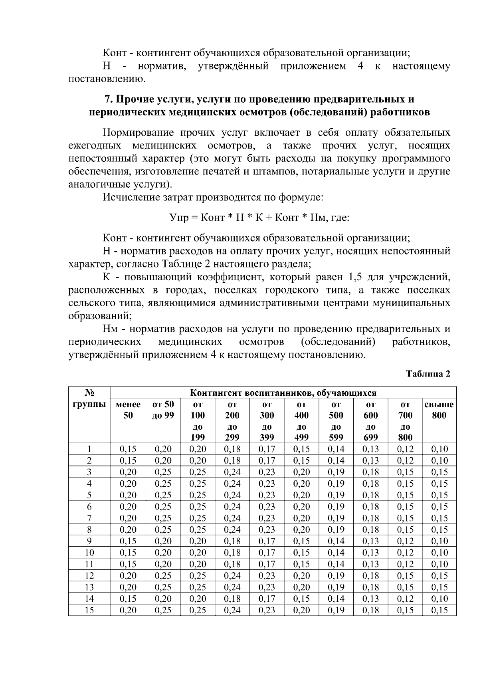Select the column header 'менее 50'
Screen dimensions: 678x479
(x=128, y=410)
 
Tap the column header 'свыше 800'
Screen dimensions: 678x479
(x=439, y=410)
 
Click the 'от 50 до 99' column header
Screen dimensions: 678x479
(x=163, y=410)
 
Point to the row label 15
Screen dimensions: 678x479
(x=89, y=610)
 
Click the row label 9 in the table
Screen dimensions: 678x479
(x=89, y=541)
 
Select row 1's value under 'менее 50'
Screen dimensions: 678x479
(x=128, y=449)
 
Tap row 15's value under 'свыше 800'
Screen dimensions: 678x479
(x=439, y=610)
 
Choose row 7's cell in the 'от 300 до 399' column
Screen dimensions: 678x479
(x=267, y=518)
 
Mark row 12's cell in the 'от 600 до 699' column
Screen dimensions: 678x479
(x=370, y=576)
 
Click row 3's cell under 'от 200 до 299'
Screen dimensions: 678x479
(x=232, y=472)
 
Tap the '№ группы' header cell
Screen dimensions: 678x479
(x=89, y=398)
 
